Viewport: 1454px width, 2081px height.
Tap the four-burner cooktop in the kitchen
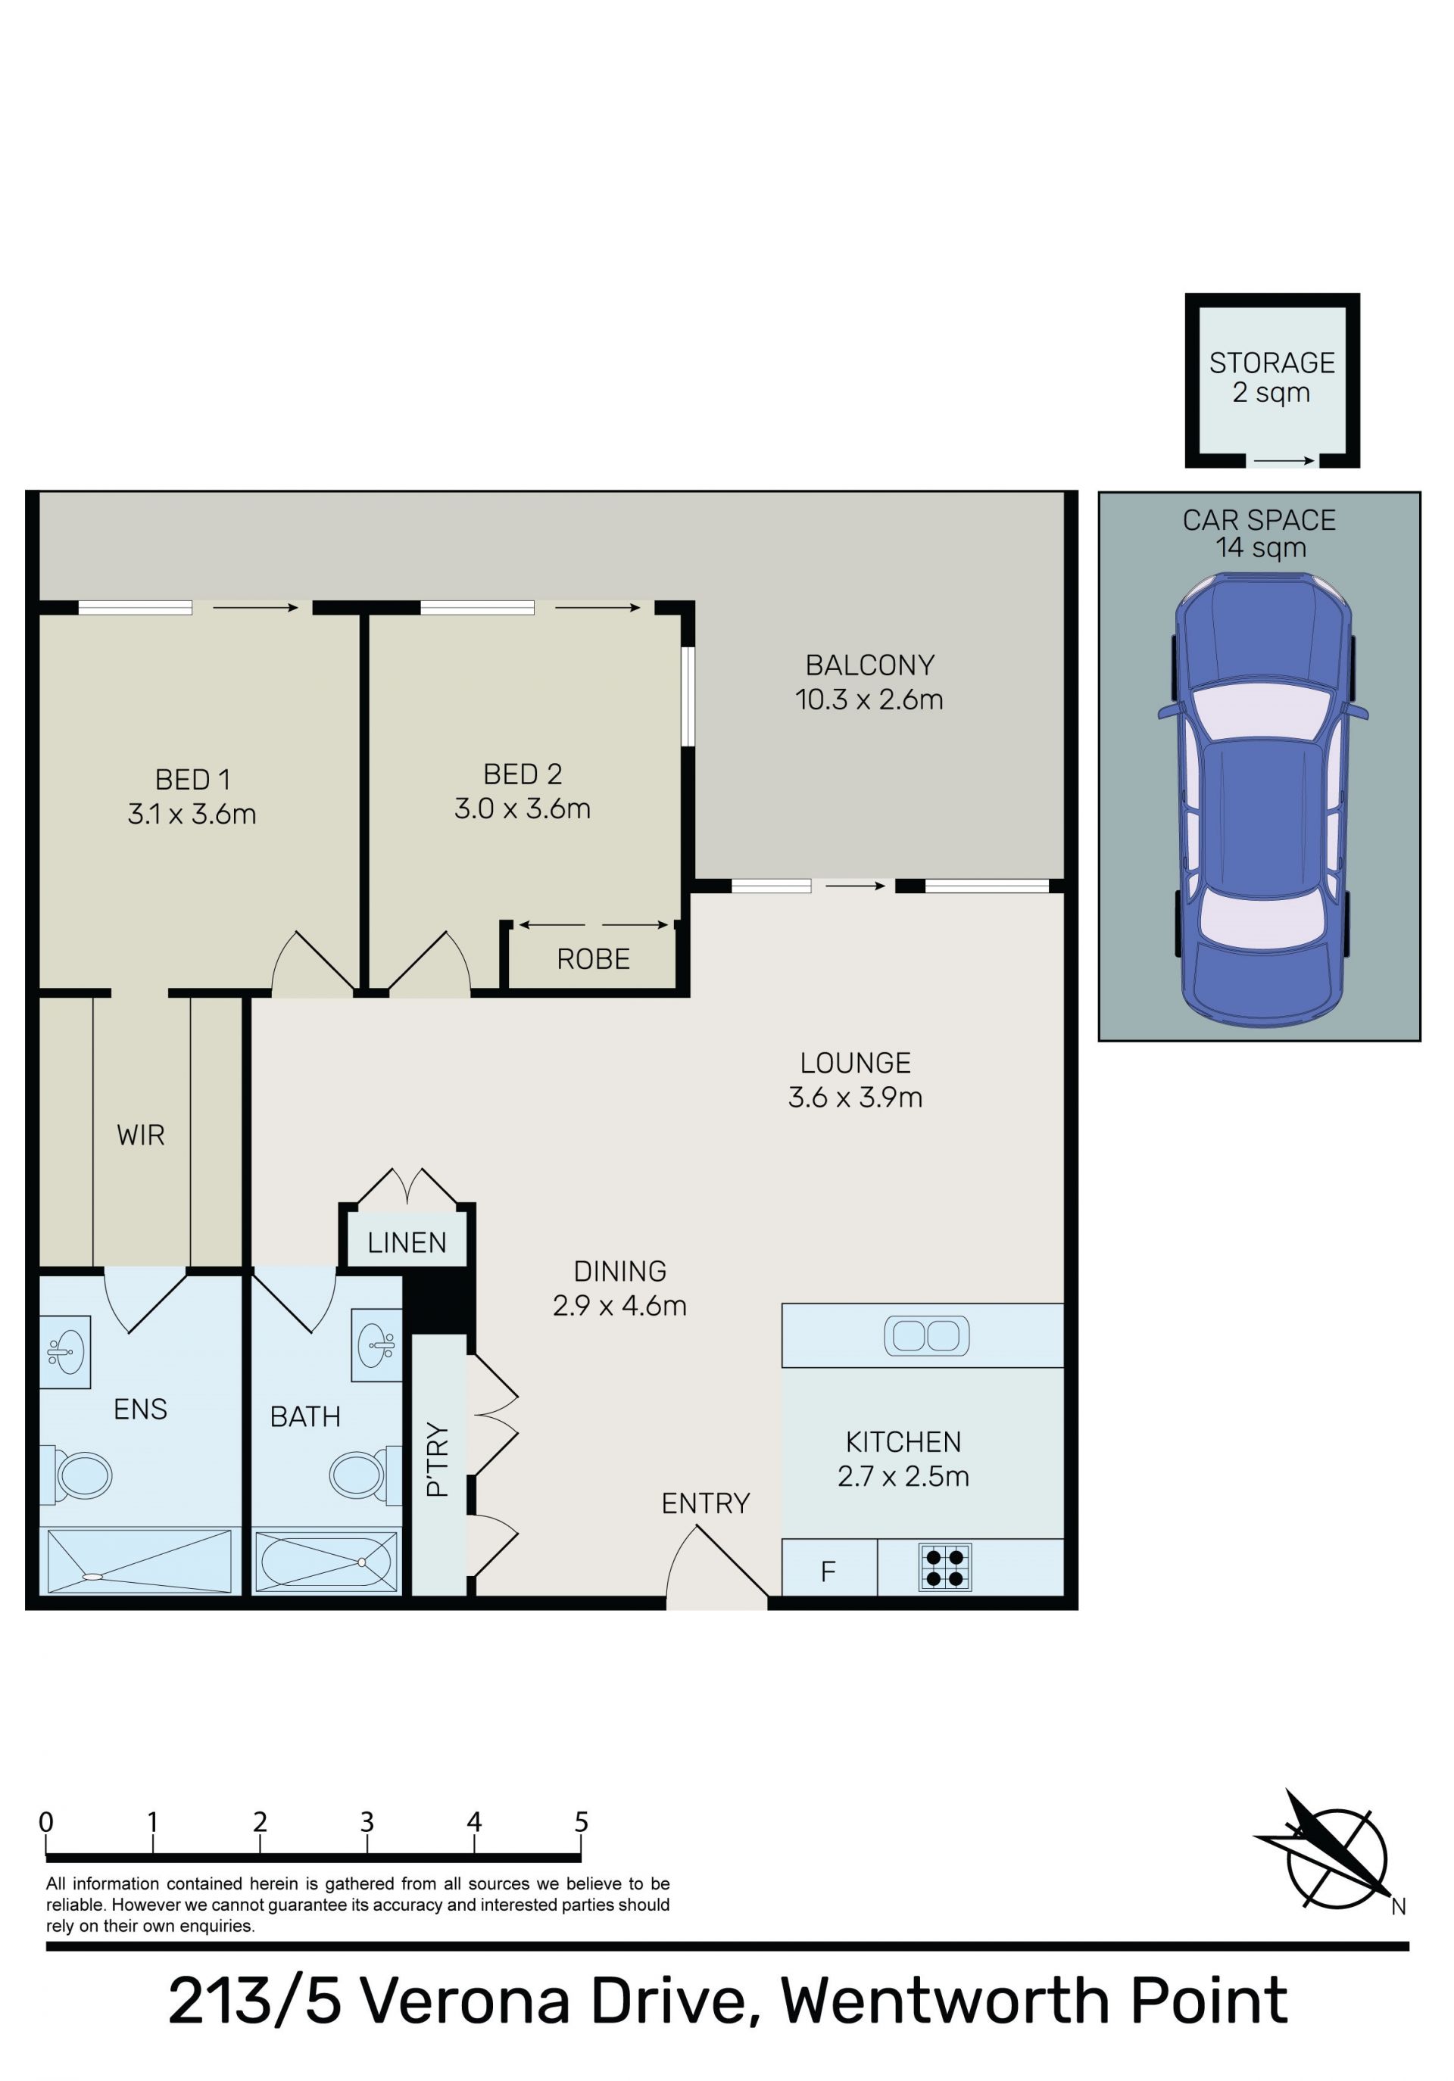[x=944, y=1567]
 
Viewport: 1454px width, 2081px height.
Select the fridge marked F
[x=828, y=1567]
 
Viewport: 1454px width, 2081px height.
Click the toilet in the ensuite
[x=76, y=1475]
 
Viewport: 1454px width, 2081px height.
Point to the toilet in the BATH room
[x=364, y=1475]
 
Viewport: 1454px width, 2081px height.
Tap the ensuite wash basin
[x=64, y=1352]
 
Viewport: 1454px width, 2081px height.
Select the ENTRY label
[x=705, y=1503]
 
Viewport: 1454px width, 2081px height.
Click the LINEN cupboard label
[x=407, y=1242]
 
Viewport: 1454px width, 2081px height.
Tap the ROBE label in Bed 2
[x=593, y=959]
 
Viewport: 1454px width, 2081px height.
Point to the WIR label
[x=141, y=1135]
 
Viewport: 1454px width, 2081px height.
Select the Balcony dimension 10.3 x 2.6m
[x=869, y=699]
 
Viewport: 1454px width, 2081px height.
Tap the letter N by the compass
[x=1399, y=1907]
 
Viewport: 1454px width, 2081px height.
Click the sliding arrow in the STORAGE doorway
[x=1284, y=461]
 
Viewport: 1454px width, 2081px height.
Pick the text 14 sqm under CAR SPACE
[x=1261, y=547]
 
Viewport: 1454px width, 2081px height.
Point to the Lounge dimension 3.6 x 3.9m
[x=855, y=1098]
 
